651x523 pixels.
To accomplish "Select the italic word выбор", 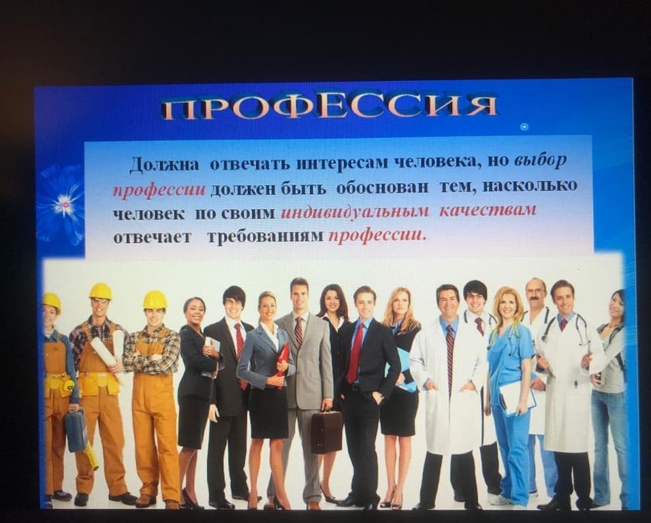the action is pyautogui.click(x=540, y=160).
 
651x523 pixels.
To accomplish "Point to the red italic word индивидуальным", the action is pyautogui.click(x=355, y=212).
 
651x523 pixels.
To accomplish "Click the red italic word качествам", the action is pyautogui.click(x=488, y=210).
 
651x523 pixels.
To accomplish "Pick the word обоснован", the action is pyautogui.click(x=382, y=187).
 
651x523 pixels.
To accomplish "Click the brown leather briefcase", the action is pyautogui.click(x=326, y=432).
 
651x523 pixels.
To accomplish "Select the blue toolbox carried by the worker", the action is pyautogui.click(x=76, y=430).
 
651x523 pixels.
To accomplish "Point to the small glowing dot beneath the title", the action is pyautogui.click(x=524, y=127).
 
